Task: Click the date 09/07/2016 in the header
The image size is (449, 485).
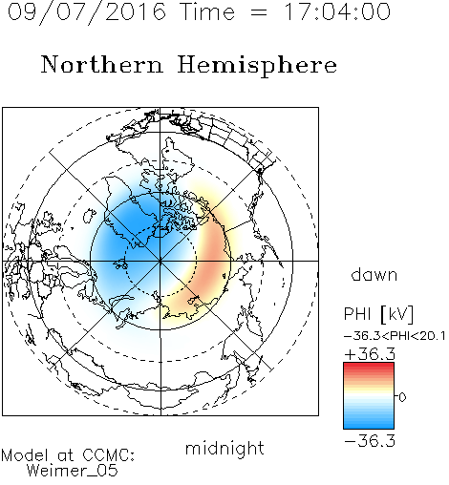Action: click(x=87, y=12)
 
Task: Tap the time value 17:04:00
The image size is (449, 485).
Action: click(x=337, y=11)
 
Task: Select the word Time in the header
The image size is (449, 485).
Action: click(x=207, y=11)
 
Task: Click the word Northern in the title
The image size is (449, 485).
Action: click(x=102, y=64)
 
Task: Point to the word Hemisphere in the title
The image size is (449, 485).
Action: click(x=257, y=66)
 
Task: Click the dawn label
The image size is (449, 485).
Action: click(x=374, y=275)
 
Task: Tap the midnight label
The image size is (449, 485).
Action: click(x=224, y=448)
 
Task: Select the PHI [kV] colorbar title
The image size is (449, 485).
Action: click(x=378, y=314)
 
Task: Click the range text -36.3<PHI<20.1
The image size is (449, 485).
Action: click(x=395, y=336)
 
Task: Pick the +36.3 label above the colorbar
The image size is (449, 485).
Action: click(x=370, y=354)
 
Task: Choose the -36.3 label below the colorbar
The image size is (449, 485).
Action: click(x=370, y=441)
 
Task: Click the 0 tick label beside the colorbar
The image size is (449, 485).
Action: click(x=402, y=397)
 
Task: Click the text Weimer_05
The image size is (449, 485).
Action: click(x=73, y=471)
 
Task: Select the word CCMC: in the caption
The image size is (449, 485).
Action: click(x=109, y=455)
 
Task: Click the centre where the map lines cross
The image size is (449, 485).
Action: click(x=160, y=261)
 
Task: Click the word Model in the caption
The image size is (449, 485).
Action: click(x=25, y=455)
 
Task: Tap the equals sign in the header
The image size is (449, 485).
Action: click(x=259, y=13)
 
